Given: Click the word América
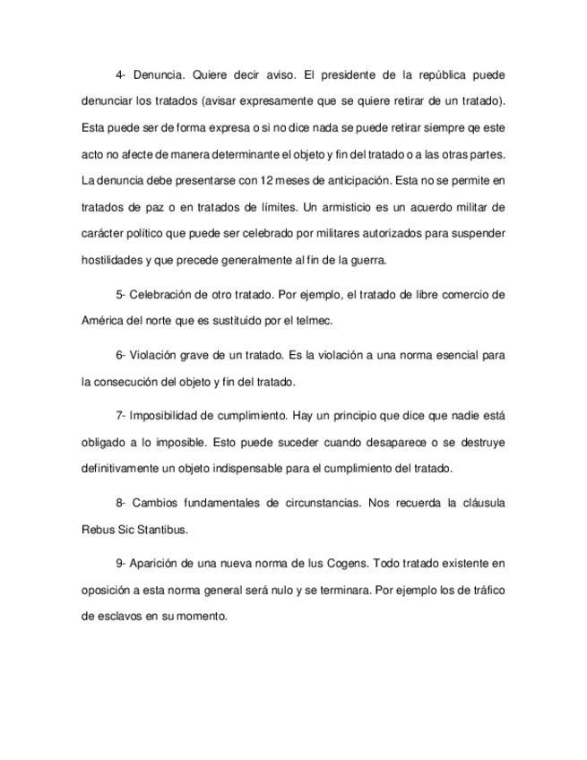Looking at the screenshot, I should (x=101, y=319).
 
